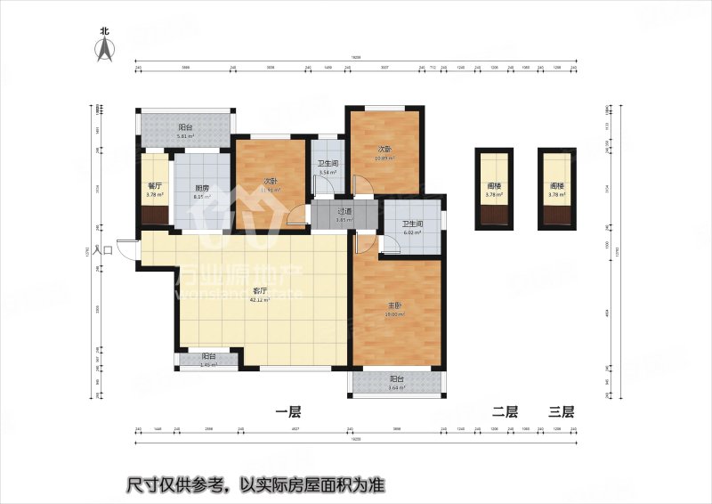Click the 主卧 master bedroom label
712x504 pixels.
[392, 305]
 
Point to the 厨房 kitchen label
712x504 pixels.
[201, 188]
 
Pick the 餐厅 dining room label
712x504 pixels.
[153, 186]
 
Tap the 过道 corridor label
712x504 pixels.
[344, 212]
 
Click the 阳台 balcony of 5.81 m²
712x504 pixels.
[185, 127]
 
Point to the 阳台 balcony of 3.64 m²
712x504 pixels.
[396, 378]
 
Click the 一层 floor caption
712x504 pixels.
[288, 411]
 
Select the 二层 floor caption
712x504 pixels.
[505, 411]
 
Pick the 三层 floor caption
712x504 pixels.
[561, 411]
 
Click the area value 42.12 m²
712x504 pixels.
[260, 300]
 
